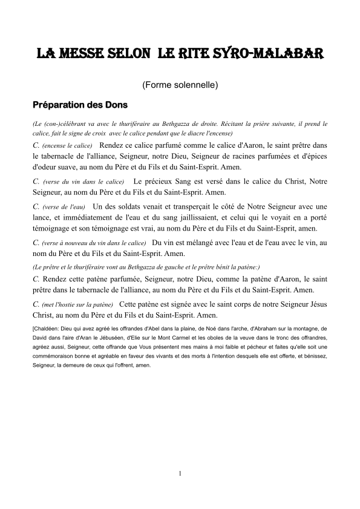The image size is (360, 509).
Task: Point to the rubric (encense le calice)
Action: [x=67, y=146]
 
